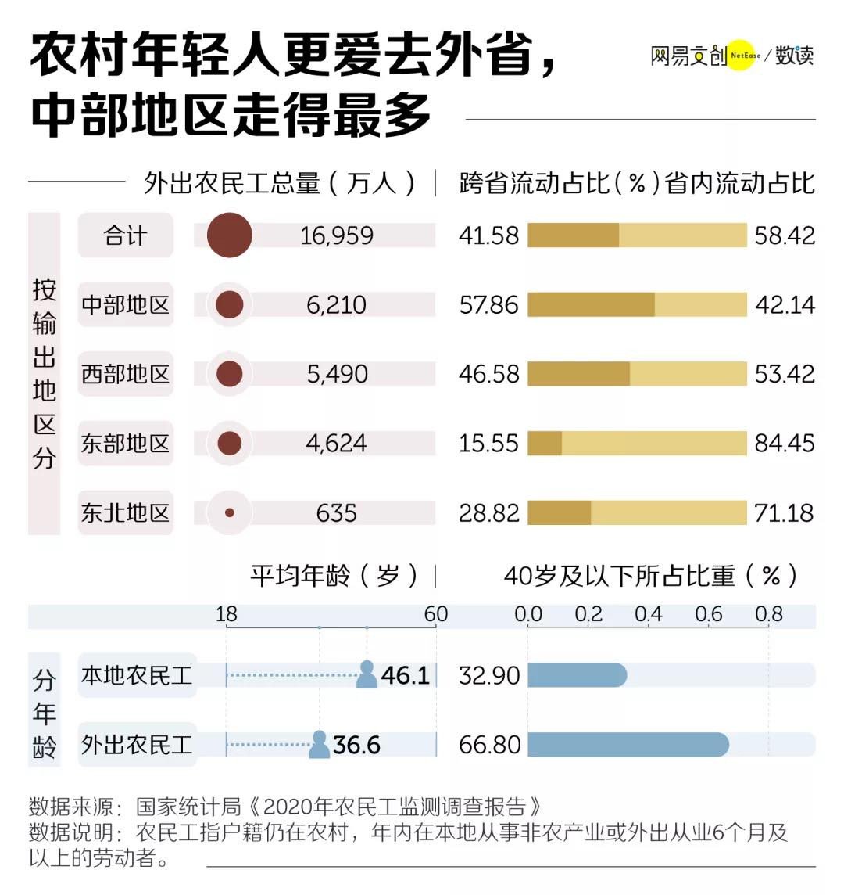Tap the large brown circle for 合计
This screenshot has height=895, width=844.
click(x=229, y=235)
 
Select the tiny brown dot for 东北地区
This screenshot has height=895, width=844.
click(x=229, y=512)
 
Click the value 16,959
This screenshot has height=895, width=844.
click(x=337, y=235)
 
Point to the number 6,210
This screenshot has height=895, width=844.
click(x=337, y=305)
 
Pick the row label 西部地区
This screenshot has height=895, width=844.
click(x=126, y=374)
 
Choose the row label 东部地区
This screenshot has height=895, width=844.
click(x=126, y=443)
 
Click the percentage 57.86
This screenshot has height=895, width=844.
click(x=488, y=305)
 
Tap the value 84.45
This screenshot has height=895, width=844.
click(x=785, y=443)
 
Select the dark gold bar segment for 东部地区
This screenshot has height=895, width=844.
click(x=545, y=443)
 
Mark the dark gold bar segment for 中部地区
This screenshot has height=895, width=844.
click(x=591, y=305)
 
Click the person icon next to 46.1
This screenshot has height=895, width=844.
click(x=367, y=674)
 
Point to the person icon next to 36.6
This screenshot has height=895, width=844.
click(x=320, y=744)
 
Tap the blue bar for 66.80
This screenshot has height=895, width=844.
click(x=628, y=745)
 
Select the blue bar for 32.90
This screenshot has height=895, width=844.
click(x=577, y=675)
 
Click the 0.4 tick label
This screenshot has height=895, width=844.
click(x=649, y=614)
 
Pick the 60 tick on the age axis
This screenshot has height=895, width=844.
click(x=436, y=614)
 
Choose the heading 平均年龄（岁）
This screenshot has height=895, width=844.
click(x=334, y=575)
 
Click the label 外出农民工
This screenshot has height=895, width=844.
click(x=137, y=745)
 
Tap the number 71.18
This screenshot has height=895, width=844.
click(x=785, y=512)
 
